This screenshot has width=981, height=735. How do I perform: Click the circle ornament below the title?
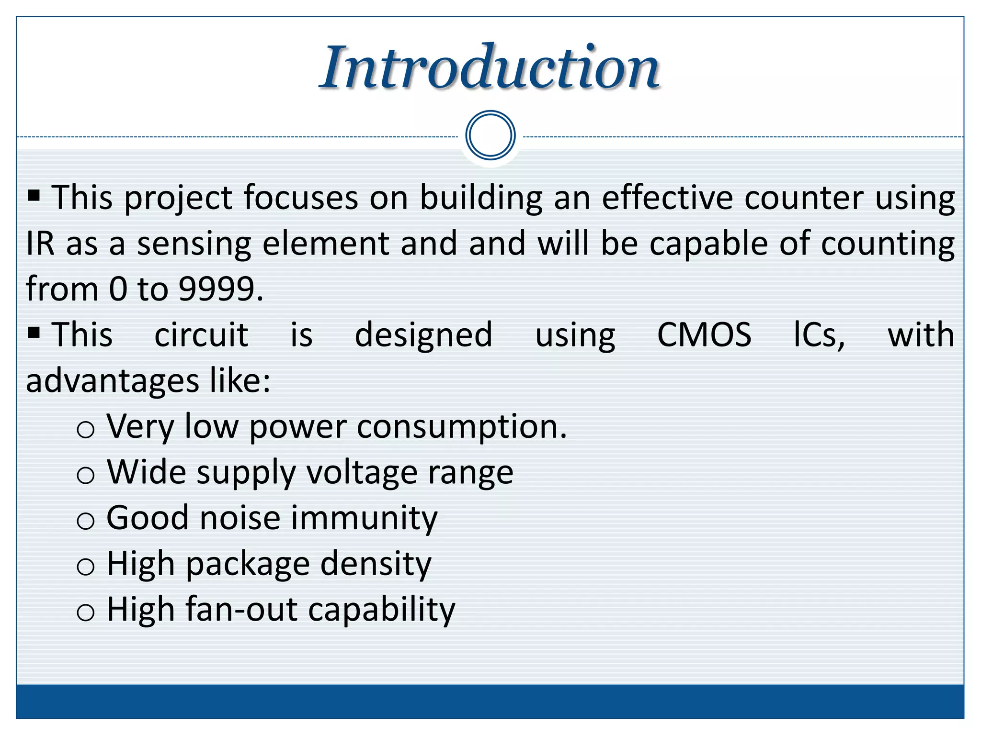(x=490, y=135)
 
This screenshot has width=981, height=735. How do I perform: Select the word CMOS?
(x=704, y=334)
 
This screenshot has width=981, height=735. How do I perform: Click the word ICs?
(x=820, y=334)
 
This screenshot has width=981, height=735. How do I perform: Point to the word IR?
(x=40, y=244)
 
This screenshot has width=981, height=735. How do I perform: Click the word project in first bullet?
(x=178, y=199)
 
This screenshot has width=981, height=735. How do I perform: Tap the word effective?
(x=667, y=198)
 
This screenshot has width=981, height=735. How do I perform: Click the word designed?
(x=423, y=335)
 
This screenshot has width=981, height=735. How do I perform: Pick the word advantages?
(x=112, y=382)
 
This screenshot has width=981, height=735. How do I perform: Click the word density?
(x=376, y=564)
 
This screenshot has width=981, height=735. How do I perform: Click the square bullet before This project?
(x=34, y=195)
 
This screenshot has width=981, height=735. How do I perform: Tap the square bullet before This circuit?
(x=34, y=332)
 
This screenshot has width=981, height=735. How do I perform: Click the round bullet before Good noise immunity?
(x=86, y=521)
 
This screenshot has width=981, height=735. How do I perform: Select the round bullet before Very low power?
(x=86, y=429)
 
